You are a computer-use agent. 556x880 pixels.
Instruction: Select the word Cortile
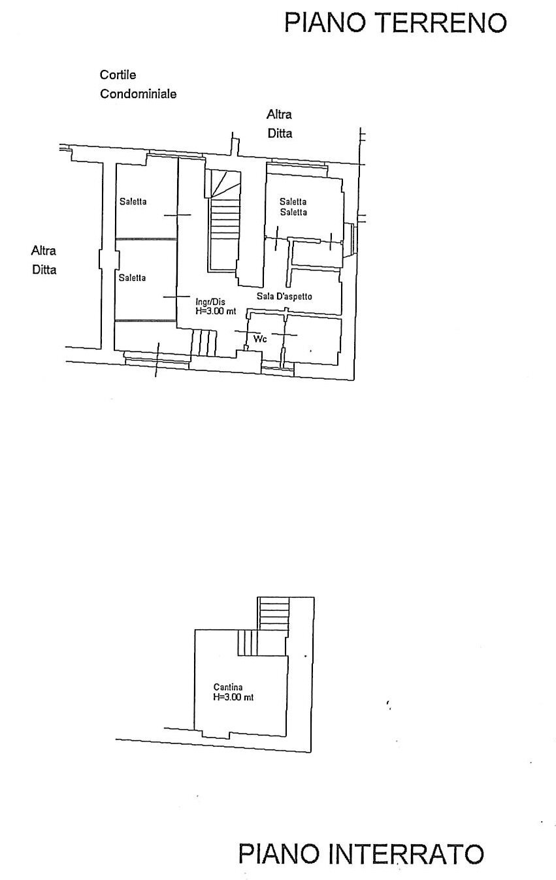118,75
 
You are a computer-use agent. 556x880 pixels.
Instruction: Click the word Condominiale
138,94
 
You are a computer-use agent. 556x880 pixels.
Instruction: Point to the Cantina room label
228,687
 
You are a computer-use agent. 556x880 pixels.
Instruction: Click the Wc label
259,339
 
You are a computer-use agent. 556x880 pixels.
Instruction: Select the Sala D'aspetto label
284,297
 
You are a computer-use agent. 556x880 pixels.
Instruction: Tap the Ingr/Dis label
210,302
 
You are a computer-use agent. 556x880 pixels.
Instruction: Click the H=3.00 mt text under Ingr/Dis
216,312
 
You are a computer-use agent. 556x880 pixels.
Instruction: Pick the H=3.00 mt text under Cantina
233,697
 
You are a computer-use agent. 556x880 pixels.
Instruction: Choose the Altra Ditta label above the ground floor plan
279,124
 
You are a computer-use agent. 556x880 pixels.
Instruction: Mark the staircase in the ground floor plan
223,222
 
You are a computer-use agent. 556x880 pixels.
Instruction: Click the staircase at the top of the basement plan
274,614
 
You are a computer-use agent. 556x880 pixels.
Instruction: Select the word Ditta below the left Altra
44,269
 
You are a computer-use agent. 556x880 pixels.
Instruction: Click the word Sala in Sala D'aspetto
265,297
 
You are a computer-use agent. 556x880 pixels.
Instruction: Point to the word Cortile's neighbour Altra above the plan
279,114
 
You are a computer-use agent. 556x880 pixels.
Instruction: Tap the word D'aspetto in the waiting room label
293,297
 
